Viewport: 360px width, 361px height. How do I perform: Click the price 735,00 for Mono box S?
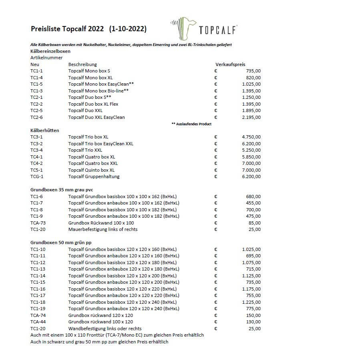[x=253, y=71]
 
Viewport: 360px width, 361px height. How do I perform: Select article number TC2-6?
[x=36, y=117]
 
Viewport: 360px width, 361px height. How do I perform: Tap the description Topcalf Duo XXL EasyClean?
[x=97, y=117]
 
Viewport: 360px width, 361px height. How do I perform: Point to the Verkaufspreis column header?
[x=230, y=64]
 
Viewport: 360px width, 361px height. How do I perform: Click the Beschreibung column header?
[x=82, y=64]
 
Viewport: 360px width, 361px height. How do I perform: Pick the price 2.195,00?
[x=251, y=117]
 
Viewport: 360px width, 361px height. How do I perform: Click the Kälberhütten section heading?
[x=45, y=130]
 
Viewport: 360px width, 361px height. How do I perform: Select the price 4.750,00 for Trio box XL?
[x=251, y=137]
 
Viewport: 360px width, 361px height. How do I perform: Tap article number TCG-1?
[x=37, y=176]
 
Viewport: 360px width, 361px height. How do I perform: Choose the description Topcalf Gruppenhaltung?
[x=94, y=176]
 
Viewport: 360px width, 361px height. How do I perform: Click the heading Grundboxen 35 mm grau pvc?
[x=62, y=190]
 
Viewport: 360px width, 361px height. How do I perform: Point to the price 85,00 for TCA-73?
[x=255, y=223]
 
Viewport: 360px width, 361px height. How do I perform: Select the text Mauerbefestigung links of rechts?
[x=103, y=229]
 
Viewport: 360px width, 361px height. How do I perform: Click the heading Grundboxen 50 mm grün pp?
[x=61, y=243]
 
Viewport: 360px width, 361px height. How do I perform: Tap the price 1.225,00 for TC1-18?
[x=251, y=302]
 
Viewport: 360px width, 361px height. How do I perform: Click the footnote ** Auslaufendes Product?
[x=191, y=124]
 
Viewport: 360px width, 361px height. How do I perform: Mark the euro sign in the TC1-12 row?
[x=215, y=263]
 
